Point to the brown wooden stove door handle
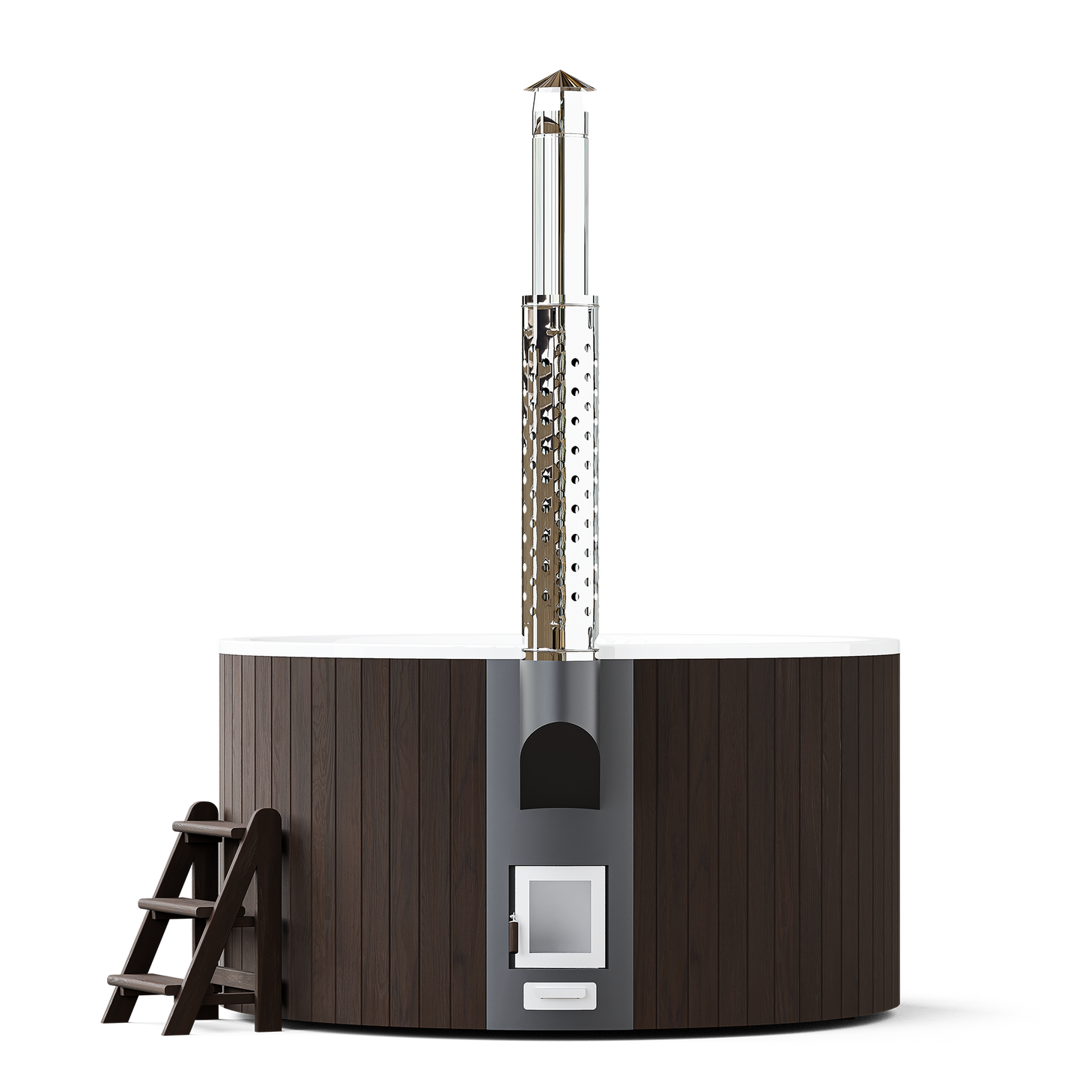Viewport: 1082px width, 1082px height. pyautogui.click(x=513, y=932)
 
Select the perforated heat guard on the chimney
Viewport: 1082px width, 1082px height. pyautogui.click(x=559, y=464)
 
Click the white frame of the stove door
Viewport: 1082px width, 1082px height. pyautogui.click(x=559, y=871)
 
